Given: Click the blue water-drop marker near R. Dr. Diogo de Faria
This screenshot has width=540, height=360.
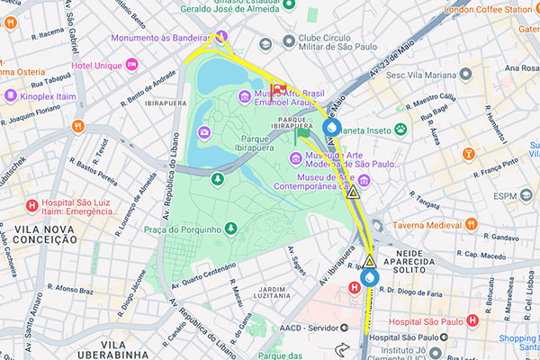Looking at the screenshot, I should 371,278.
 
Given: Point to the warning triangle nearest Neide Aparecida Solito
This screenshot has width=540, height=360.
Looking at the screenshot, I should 370,261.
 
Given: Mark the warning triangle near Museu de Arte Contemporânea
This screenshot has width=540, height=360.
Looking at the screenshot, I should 354,193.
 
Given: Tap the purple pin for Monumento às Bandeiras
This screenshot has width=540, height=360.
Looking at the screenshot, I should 220,37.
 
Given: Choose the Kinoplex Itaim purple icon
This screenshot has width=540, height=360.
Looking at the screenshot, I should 11,94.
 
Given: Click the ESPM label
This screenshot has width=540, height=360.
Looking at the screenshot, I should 506,196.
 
